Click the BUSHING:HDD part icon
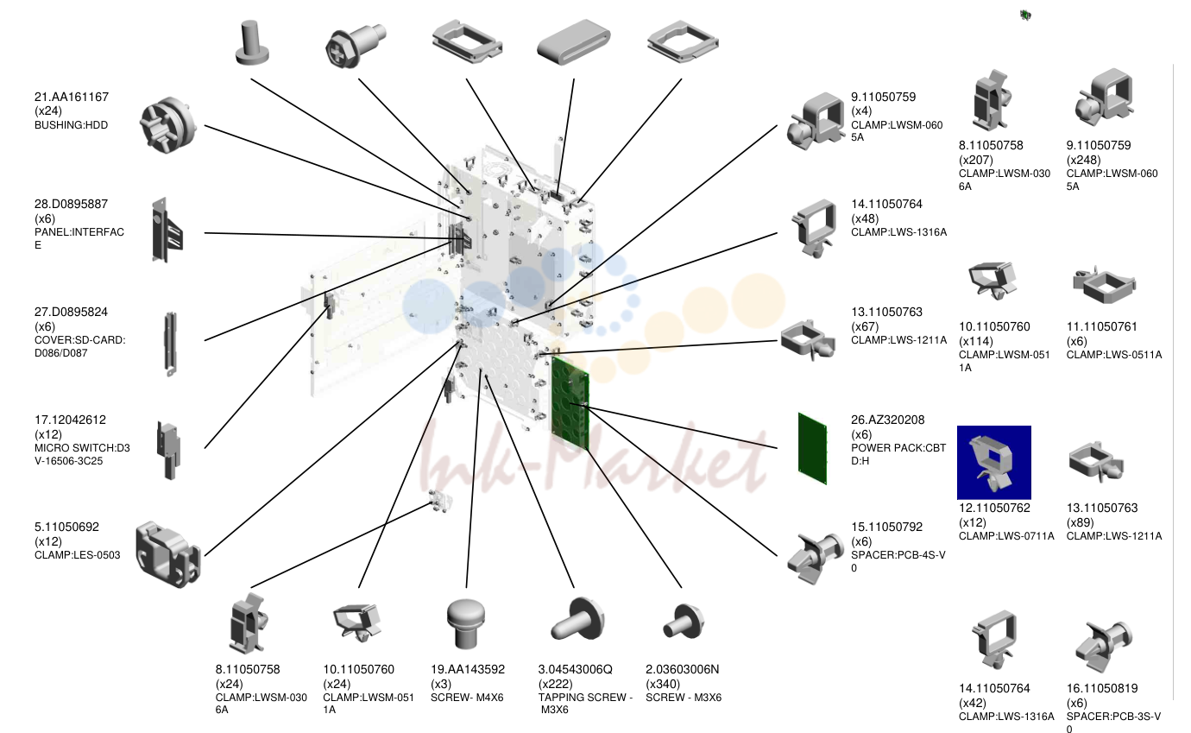coord(168,125)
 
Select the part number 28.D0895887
coord(71,205)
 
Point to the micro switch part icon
coord(168,451)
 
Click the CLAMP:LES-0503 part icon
coord(167,554)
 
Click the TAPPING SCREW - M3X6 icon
coord(577,620)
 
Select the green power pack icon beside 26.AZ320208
coord(812,448)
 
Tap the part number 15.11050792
coord(886,528)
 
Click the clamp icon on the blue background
coord(993,462)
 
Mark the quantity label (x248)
coord(1083,160)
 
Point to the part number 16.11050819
coord(1101,688)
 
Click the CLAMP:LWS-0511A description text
coord(1114,355)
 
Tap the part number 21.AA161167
coord(72,97)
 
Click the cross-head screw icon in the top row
coord(355,44)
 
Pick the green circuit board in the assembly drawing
coord(570,403)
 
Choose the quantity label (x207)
coord(975,160)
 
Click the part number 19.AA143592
coord(468,669)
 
